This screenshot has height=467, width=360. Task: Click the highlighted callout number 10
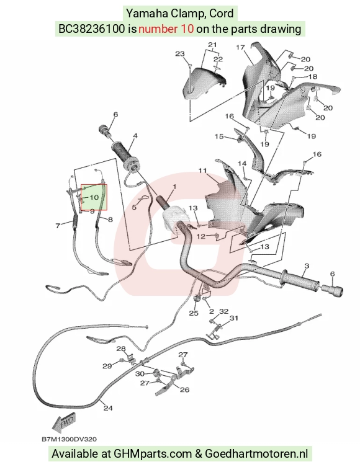pos(94,197)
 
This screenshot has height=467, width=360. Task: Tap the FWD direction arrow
pos(64,422)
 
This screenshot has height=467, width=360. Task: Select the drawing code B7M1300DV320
pos(69,439)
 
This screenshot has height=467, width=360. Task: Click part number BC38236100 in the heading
pos(91,29)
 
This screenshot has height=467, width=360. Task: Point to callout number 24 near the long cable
pos(108,408)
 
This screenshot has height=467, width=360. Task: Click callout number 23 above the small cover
pos(180,54)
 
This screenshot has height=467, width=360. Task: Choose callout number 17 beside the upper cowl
pos(240,47)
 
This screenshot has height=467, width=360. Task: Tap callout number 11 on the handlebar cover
pos(202,171)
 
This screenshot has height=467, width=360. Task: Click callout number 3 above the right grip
pos(307,266)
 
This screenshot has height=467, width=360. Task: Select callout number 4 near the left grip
pos(135,136)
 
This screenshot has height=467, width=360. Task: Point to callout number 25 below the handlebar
pos(194,313)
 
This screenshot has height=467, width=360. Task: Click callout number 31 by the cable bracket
pos(234,318)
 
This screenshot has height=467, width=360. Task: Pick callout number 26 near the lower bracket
pos(185,389)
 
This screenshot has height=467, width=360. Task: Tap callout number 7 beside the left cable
pos(58,226)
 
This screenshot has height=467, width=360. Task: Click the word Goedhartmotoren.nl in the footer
pos(256,454)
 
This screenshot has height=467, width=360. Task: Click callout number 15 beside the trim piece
pos(219,136)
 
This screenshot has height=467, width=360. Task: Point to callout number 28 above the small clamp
pos(121,349)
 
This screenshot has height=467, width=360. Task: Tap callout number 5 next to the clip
pos(134,207)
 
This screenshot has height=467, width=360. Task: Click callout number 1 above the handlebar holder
pos(174,187)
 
